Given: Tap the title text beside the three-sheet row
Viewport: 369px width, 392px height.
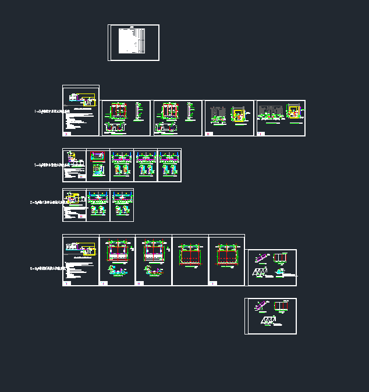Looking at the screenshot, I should click(x=46, y=203).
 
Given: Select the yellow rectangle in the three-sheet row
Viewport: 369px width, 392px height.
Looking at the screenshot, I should click(x=75, y=197).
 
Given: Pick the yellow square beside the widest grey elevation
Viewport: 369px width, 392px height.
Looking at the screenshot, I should click(x=295, y=111).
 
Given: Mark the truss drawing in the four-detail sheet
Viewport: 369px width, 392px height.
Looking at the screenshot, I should click(x=260, y=272).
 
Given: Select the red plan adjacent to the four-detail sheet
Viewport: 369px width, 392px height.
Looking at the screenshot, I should click(x=226, y=256).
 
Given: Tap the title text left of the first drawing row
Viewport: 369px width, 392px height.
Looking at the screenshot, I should click(x=47, y=110).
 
